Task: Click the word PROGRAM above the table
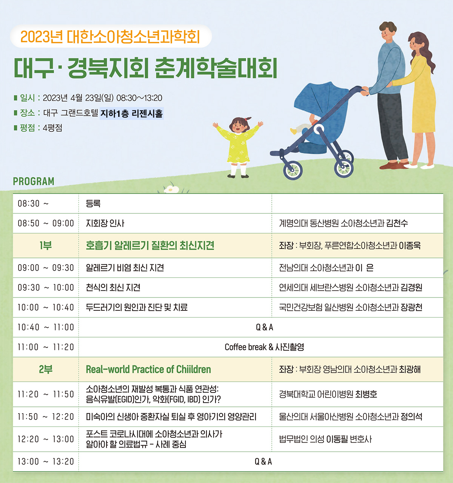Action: click(x=34, y=181)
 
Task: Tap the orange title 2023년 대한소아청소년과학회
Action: click(x=110, y=37)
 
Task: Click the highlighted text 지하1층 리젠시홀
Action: click(x=131, y=113)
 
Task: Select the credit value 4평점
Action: click(x=52, y=128)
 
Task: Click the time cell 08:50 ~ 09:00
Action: click(x=46, y=223)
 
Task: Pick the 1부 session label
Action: click(x=46, y=245)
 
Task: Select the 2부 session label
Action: click(x=46, y=370)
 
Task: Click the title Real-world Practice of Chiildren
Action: click(x=148, y=370)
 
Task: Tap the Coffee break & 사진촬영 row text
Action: click(x=264, y=347)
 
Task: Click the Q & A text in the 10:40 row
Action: click(x=265, y=327)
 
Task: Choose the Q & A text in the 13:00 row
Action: click(x=263, y=462)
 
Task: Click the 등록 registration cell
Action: click(x=93, y=204)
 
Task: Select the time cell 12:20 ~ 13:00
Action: click(x=46, y=439)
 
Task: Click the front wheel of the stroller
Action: click(x=293, y=170)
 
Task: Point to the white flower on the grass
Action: click(x=171, y=189)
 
